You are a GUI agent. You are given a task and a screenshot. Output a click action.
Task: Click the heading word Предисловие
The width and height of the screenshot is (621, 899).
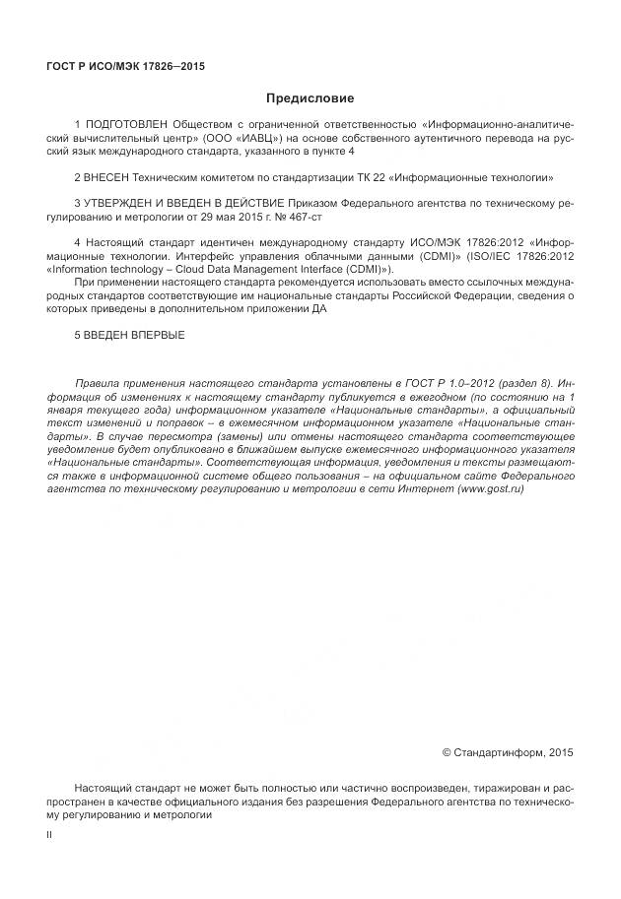click(310, 98)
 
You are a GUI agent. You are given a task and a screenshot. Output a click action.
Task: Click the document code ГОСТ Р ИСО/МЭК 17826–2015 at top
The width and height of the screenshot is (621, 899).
click(125, 66)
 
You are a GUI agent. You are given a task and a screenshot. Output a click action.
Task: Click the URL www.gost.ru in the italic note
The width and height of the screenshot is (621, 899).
click(491, 488)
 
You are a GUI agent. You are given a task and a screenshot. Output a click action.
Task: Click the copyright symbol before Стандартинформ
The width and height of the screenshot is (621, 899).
click(447, 752)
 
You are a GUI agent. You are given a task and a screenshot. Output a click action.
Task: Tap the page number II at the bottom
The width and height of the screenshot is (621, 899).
click(50, 834)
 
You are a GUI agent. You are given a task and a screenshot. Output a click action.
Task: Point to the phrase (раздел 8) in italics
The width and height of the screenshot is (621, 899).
click(529, 382)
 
